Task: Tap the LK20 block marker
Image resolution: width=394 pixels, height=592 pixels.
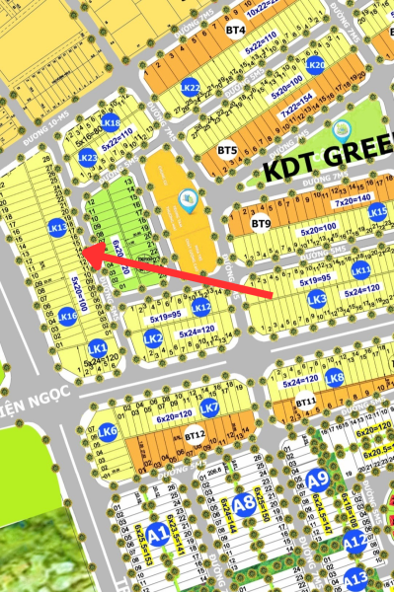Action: pos(315,65)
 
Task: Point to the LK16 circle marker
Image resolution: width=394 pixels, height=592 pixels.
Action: pos(67,316)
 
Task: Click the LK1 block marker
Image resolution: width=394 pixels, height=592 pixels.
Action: pos(97,348)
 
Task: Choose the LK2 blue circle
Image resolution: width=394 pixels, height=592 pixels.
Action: pos(153,338)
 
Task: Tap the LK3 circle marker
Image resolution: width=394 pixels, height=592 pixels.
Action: pos(316,298)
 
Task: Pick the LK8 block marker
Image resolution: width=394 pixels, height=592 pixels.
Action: pos(335,376)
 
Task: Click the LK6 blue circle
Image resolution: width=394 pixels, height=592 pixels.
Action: pos(108,431)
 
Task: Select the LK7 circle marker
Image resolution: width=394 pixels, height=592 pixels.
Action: pos(209,407)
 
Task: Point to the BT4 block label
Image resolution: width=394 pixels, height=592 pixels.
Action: pos(235,31)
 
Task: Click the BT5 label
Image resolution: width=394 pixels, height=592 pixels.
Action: pos(227,151)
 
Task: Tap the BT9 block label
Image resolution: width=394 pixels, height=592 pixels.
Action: pos(260,224)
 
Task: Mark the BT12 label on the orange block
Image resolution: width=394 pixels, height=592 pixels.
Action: pos(195,434)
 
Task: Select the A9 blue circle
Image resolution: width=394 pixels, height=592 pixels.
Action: pos(316,481)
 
